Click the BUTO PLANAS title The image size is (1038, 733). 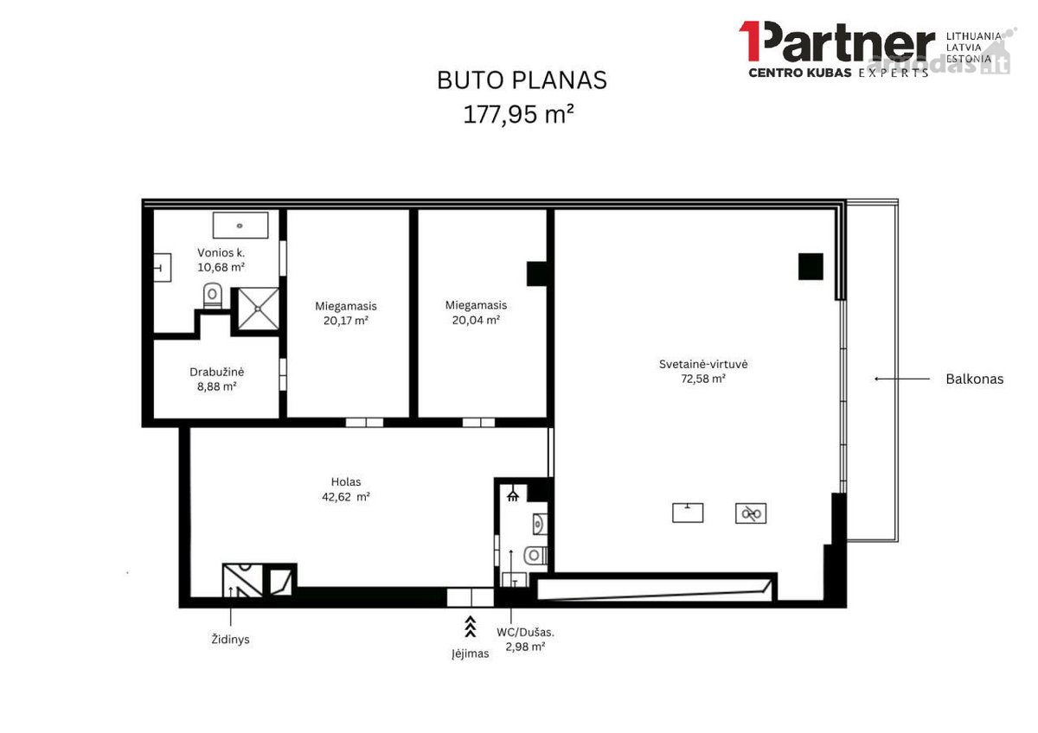(522, 80)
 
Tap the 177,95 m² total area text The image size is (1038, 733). (518, 114)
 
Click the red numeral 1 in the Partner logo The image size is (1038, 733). (749, 41)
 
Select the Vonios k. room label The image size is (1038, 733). (221, 252)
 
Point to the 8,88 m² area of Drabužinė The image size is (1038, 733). (217, 386)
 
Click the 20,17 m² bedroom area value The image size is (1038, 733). (346, 321)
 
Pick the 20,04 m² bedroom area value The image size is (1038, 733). (476, 320)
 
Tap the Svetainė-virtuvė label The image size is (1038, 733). (703, 364)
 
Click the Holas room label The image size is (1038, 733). (346, 481)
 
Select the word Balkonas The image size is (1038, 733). (975, 379)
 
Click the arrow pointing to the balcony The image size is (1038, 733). (901, 379)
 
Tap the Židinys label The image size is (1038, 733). (230, 639)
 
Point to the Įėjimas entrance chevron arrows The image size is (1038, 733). (471, 627)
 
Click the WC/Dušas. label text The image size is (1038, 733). (525, 632)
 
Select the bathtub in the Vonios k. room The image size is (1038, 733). (240, 226)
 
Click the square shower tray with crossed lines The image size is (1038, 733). (258, 309)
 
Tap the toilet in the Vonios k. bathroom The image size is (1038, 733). (213, 296)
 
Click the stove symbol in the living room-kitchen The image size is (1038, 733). (751, 513)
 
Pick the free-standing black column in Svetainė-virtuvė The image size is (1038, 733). (811, 266)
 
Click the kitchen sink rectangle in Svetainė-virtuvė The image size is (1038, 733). (688, 513)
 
